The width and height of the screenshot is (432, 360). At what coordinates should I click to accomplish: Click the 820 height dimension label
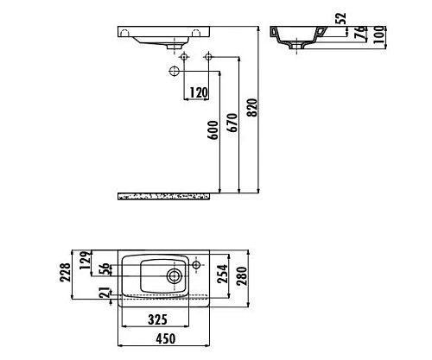[252, 108]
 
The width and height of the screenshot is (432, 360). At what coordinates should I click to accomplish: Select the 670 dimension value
[232, 123]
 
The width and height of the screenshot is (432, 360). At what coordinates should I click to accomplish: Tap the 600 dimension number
[213, 130]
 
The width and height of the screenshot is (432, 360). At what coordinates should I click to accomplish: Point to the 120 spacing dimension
[199, 92]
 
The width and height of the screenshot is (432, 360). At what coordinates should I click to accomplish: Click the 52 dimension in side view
[341, 18]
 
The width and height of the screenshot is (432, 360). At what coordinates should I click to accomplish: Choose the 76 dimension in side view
[359, 32]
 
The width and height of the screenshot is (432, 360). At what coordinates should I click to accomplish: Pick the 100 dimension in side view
[379, 35]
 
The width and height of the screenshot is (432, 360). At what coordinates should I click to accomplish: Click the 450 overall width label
[166, 338]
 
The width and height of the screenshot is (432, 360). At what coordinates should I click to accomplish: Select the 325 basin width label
[157, 319]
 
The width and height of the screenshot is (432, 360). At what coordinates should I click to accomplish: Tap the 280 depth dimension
[242, 275]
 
